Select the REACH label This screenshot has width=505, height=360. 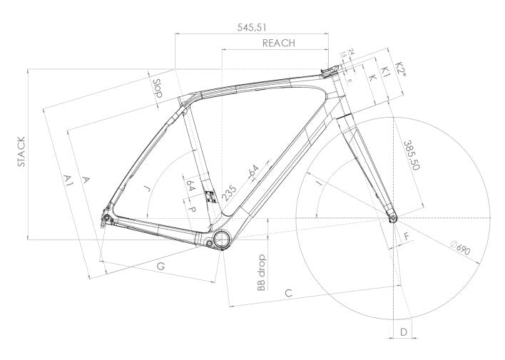279,43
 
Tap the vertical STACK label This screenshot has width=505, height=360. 21,151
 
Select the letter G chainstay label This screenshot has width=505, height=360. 160,266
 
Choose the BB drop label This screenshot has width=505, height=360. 262,272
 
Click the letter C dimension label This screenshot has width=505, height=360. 289,292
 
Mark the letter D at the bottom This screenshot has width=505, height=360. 403,331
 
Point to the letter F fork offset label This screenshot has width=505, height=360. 406,235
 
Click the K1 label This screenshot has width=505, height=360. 384,71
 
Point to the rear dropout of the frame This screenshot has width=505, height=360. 105,217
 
